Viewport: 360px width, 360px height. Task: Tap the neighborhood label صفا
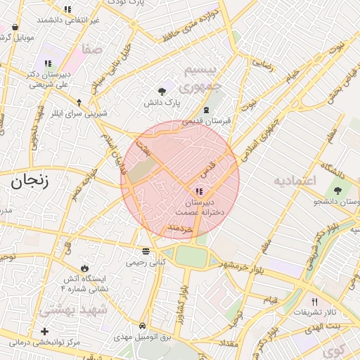click(93, 50)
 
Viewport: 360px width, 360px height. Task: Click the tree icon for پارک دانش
click(163, 91)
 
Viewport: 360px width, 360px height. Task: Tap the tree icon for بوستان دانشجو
click(339, 191)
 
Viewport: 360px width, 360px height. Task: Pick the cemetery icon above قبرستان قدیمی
click(206, 110)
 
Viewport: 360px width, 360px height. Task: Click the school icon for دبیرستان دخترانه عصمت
click(199, 191)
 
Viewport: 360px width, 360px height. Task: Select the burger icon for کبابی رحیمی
click(146, 251)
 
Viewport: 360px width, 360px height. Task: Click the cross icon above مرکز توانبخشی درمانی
click(46, 330)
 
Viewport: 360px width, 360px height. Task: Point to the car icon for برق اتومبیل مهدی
click(143, 326)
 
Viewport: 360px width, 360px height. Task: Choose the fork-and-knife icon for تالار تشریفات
click(314, 301)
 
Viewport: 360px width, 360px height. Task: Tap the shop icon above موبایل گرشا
click(14, 27)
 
